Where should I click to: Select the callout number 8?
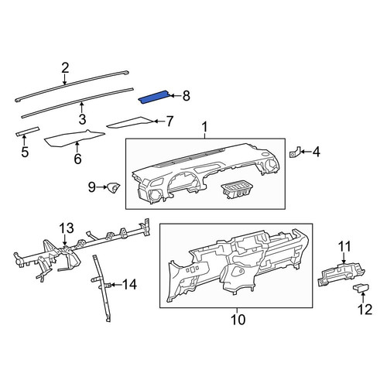point(187,96)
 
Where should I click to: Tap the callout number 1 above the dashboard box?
point(204,128)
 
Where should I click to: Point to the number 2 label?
point(65,68)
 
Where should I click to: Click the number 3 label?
point(82,119)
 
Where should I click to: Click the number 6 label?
point(77,159)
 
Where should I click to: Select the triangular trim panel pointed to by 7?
point(129,123)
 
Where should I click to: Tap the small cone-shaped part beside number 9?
point(114,187)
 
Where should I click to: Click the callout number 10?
point(238,320)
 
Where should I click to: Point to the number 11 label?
point(344,246)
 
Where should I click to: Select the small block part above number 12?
point(361,287)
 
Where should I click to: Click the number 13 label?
point(67,228)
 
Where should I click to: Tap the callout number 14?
point(129,285)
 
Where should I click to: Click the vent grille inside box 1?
point(237,190)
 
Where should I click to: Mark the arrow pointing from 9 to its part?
point(102,187)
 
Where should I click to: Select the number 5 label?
point(25,152)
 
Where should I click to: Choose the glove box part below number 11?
point(341,274)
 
